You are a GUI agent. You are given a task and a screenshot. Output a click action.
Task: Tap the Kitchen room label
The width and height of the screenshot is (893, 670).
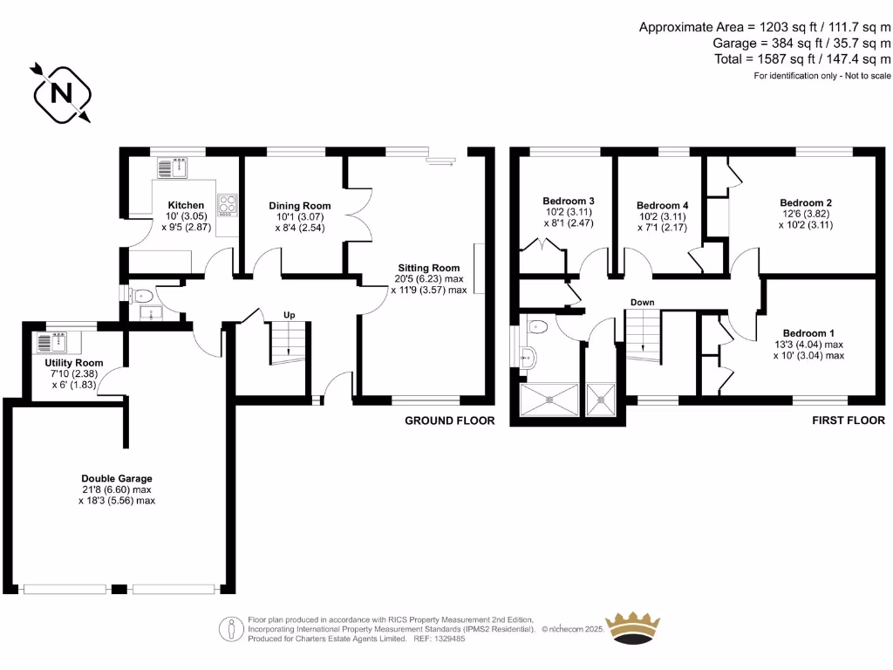(x=186, y=206)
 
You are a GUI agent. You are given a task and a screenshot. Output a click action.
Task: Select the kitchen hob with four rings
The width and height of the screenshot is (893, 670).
(x=228, y=205)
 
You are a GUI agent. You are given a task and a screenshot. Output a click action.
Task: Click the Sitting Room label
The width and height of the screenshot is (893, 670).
(x=428, y=268)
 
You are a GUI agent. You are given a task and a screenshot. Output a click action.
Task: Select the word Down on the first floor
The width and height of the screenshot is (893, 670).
(x=643, y=303)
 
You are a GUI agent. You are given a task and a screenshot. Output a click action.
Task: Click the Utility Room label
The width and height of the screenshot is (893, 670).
(x=74, y=363)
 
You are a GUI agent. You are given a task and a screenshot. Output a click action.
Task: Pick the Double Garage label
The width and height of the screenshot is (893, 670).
(x=117, y=478)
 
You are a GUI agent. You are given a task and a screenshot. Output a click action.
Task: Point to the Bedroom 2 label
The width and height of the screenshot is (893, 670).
(x=805, y=202)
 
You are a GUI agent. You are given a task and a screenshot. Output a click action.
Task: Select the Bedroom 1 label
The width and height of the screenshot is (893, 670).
(x=808, y=333)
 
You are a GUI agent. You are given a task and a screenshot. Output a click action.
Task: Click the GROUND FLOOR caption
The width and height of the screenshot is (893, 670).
(x=449, y=420)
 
